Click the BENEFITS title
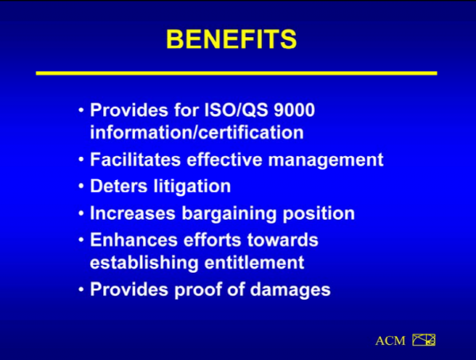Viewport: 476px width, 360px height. (x=232, y=39)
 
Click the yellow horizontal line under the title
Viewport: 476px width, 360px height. (x=236, y=73)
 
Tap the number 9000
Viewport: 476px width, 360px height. (x=294, y=109)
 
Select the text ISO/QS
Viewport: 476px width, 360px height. (x=236, y=109)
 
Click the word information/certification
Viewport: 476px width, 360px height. (x=197, y=132)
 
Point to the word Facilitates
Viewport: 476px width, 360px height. (x=136, y=159)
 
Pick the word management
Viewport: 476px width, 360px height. (x=326, y=161)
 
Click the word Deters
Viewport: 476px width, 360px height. (x=119, y=186)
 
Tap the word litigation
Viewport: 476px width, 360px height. (x=192, y=186)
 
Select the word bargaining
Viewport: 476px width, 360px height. (x=229, y=213)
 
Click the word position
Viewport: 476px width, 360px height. (x=319, y=213)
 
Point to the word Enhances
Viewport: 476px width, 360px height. (x=133, y=239)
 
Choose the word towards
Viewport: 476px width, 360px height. (x=282, y=239)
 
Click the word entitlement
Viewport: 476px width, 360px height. (x=254, y=262)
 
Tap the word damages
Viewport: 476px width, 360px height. (x=290, y=290)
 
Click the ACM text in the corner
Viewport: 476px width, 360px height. (x=390, y=341)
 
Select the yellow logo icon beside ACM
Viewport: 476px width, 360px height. (x=424, y=340)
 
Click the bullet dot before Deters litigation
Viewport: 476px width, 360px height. (x=81, y=186)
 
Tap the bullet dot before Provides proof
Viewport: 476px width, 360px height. (x=81, y=289)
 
